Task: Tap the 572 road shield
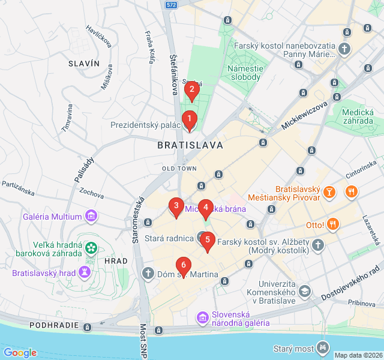tap(172, 5)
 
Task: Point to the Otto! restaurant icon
tap(333, 225)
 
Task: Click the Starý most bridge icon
tap(324, 347)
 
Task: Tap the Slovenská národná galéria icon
tap(203, 316)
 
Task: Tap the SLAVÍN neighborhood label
tap(83, 63)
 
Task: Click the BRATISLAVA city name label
tap(190, 145)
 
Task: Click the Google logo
tap(20, 353)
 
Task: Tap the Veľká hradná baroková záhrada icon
tap(91, 247)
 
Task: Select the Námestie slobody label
tap(244, 73)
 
